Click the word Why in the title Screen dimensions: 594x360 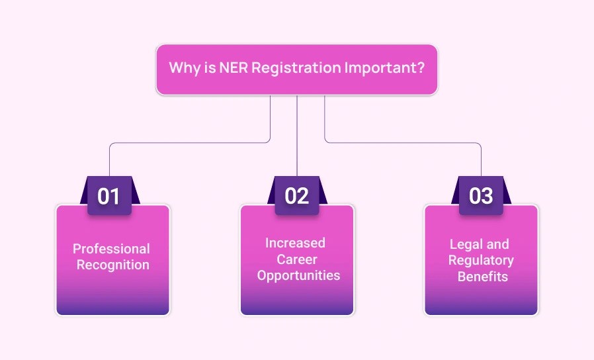click(x=182, y=68)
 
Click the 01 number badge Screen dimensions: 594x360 click(x=109, y=197)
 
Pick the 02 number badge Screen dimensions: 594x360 click(x=296, y=197)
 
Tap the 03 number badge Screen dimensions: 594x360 click(x=481, y=197)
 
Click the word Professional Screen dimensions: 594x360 click(x=111, y=249)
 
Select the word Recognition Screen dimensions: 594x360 click(x=113, y=265)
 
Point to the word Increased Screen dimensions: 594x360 click(x=295, y=243)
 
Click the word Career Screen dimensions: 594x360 click(x=298, y=259)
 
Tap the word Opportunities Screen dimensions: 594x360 click(x=298, y=275)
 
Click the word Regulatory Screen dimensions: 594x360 click(x=481, y=260)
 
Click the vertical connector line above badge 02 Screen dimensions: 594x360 click(x=297, y=139)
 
